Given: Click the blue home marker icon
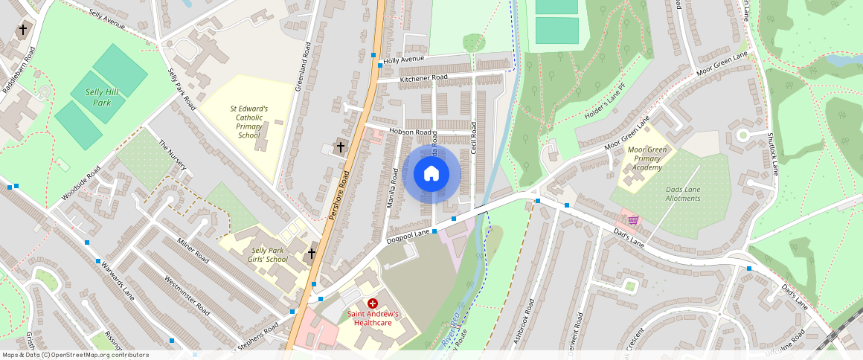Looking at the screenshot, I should coord(431,174).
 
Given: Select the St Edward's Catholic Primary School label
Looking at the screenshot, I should coord(249,121).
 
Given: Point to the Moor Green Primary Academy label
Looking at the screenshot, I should coord(645,158).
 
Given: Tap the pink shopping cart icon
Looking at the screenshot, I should coord(632,219).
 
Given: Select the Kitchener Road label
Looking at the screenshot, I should coord(423,77).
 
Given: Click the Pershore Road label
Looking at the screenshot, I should coord(339,196).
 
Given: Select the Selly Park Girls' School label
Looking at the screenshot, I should coord(269,255).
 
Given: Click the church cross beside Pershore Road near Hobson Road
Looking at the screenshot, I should coord(341,147).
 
